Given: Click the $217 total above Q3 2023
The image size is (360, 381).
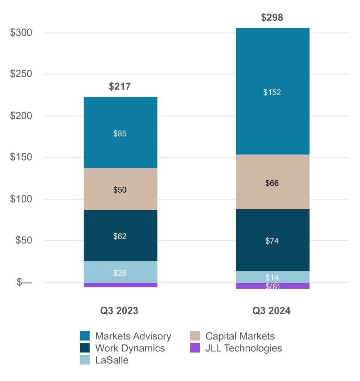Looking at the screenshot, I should coord(120,87).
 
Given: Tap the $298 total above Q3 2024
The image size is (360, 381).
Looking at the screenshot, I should coord(272,18).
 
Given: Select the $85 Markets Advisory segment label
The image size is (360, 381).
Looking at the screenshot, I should coord(120,133).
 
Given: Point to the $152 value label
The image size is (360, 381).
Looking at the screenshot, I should coord(272,92).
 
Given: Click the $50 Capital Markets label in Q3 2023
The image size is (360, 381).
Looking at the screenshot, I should coord(120,190).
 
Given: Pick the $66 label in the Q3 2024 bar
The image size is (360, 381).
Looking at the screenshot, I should coord(272,183).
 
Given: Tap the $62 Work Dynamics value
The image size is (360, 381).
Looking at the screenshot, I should coord(120,236).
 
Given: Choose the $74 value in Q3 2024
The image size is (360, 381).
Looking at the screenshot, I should coord(272,241).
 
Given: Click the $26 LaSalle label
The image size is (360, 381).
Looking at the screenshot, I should coord(120,273).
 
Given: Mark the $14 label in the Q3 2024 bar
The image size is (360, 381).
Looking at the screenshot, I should coord(272,278).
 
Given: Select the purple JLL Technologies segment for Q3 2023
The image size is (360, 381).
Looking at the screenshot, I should coord(120,285).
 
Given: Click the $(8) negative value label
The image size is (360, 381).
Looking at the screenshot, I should coord(273,286).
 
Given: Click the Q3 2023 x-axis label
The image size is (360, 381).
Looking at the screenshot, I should coord(119,311).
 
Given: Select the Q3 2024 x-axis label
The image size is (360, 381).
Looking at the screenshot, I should coord(271,311).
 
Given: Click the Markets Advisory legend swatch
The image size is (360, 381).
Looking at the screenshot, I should coord(85,336).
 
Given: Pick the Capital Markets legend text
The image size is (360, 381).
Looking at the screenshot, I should coord(240,336).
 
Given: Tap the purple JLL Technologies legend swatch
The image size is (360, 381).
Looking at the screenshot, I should coord(195,348).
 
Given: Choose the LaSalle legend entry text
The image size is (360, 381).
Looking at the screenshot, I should coord(112,360).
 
